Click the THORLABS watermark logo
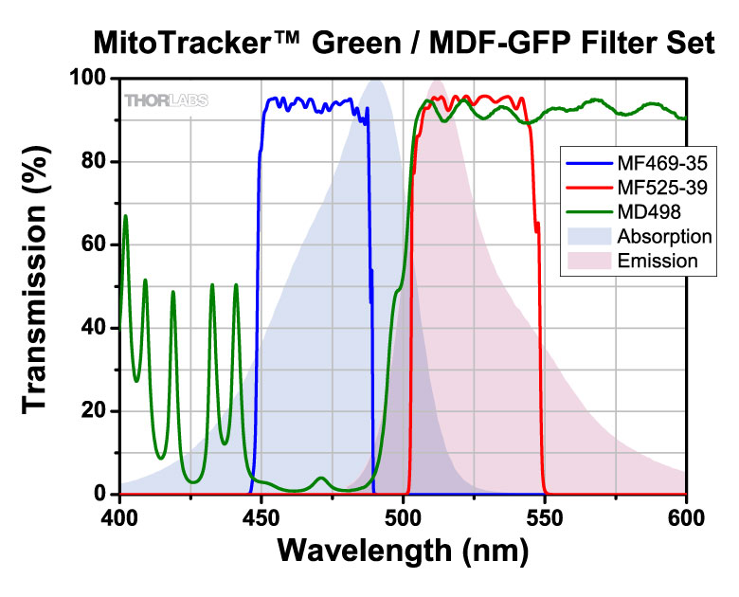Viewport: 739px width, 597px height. [x=167, y=100]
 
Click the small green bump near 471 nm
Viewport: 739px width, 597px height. [x=321, y=479]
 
